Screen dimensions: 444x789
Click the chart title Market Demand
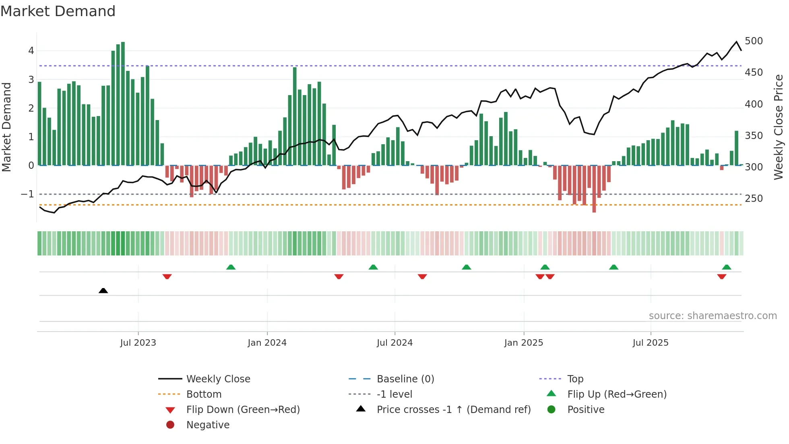pyautogui.click(x=58, y=11)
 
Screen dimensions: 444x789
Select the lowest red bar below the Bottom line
pyautogui.click(x=594, y=210)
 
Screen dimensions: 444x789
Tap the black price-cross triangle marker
pyautogui.click(x=103, y=290)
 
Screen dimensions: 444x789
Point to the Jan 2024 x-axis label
pyautogui.click(x=267, y=342)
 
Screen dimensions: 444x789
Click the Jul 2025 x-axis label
pyautogui.click(x=650, y=342)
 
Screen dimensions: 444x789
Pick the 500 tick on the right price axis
pyautogui.click(x=754, y=41)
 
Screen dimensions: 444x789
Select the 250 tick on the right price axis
pyautogui.click(x=754, y=198)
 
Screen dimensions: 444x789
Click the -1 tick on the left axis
pyautogui.click(x=27, y=194)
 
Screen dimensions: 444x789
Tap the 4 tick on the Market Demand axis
pyautogui.click(x=31, y=51)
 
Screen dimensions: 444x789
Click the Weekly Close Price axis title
pyautogui.click(x=779, y=127)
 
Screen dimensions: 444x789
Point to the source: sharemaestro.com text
pyautogui.click(x=713, y=315)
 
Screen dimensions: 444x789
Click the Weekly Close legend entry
pyautogui.click(x=218, y=379)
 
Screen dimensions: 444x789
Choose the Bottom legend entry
pyautogui.click(x=204, y=394)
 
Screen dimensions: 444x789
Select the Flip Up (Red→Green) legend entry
pyautogui.click(x=617, y=394)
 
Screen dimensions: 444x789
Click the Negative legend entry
pyautogui.click(x=208, y=425)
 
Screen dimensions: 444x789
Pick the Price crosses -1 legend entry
pyautogui.click(x=453, y=409)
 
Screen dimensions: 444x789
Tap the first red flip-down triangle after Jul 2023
pyautogui.click(x=167, y=276)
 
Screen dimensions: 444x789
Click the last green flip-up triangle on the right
pyautogui.click(x=726, y=267)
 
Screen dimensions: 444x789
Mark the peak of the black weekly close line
pyautogui.click(x=736, y=41)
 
